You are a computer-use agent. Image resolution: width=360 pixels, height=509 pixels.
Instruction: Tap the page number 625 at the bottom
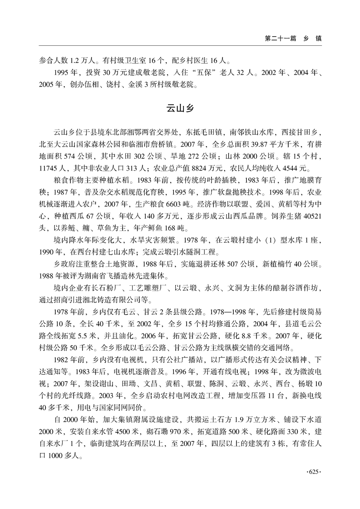pos(315,472)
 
